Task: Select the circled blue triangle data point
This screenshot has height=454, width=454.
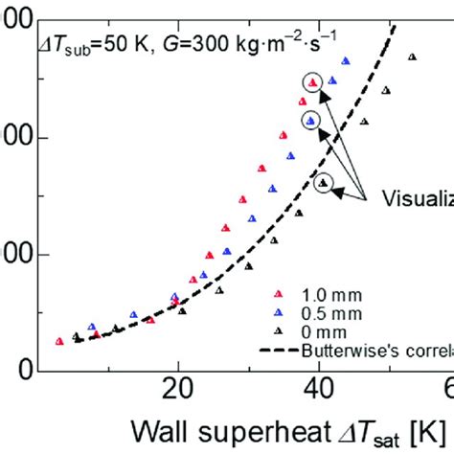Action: (311, 120)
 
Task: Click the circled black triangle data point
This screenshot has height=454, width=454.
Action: (324, 182)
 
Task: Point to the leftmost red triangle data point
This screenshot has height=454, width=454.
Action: (60, 341)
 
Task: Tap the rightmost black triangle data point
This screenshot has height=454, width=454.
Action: (412, 57)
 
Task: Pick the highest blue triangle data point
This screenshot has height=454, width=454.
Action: (346, 61)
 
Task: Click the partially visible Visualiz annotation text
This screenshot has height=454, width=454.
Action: (417, 201)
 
